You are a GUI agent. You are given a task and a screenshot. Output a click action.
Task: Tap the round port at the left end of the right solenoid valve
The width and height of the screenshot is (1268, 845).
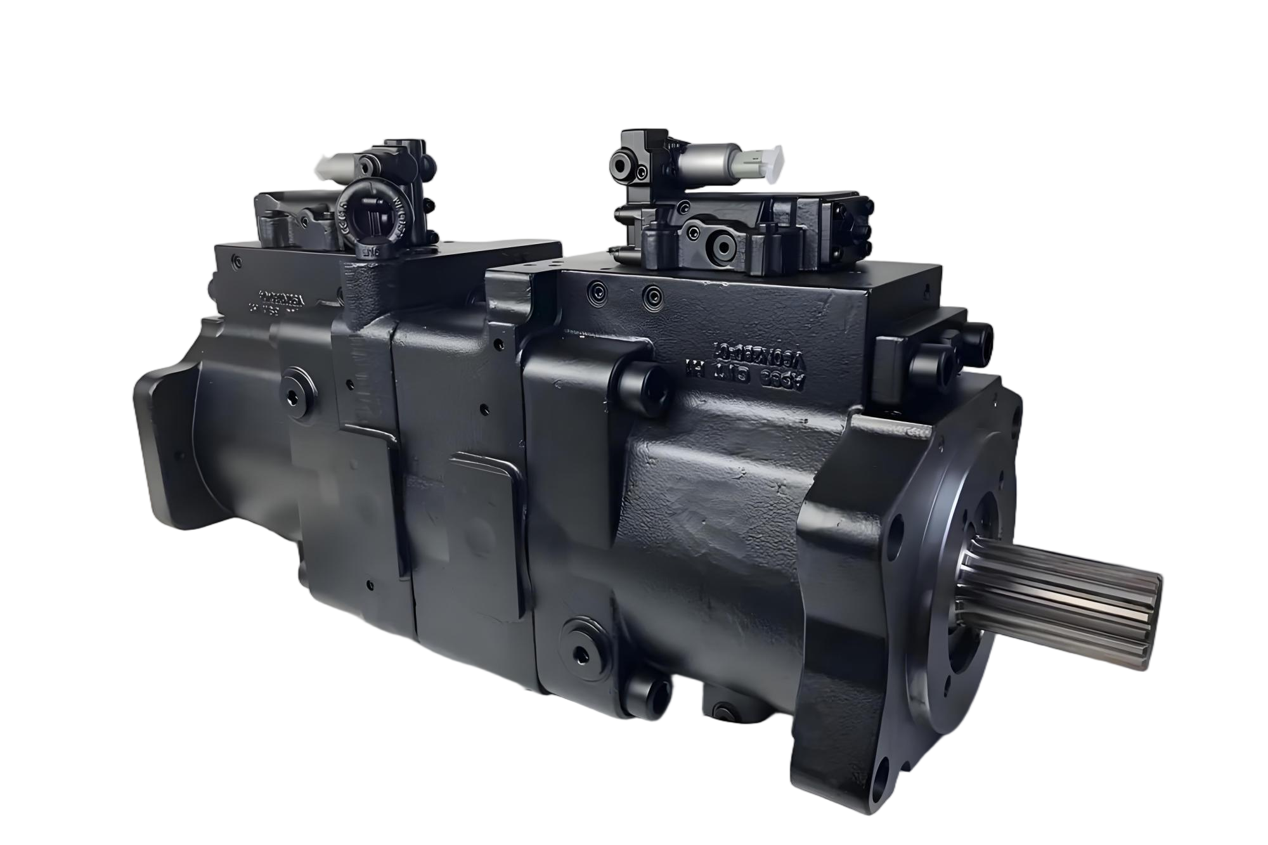coord(620,165)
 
